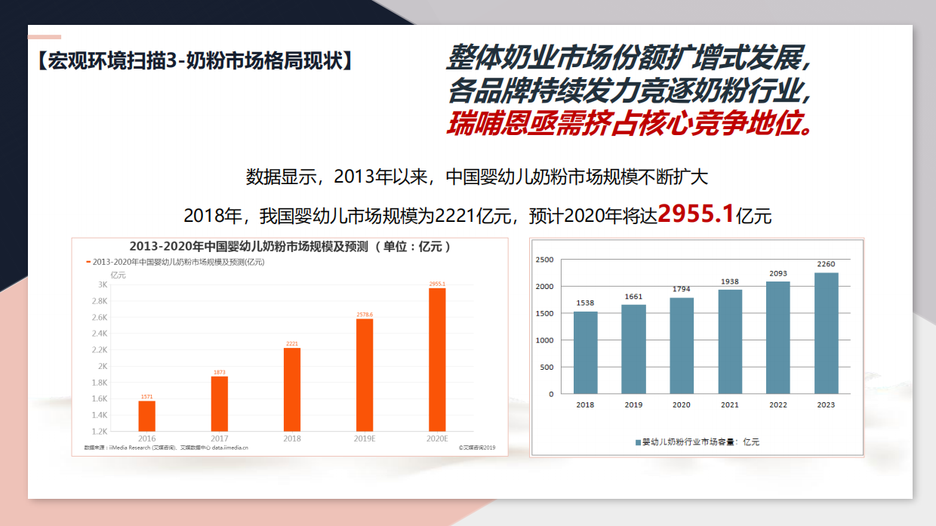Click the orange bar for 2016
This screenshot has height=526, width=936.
[x=146, y=416]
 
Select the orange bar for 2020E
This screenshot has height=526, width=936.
[x=437, y=359]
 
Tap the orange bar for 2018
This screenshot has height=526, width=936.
[x=292, y=389]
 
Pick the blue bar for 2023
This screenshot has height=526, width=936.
[x=826, y=333]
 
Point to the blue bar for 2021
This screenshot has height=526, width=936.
[x=730, y=341]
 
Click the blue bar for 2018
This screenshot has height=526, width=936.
[x=585, y=352]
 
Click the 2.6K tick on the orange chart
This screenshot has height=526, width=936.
[x=99, y=317]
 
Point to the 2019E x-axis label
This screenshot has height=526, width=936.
[x=365, y=438]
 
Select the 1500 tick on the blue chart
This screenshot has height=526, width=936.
[x=544, y=313]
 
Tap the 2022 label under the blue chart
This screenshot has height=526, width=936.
[x=777, y=405]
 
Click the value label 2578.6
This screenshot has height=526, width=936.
[x=365, y=314]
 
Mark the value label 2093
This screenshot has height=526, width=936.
[x=777, y=274]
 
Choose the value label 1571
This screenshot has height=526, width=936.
[x=146, y=396]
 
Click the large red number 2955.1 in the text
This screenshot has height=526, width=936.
[x=696, y=214]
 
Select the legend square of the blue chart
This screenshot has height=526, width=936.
[x=638, y=441]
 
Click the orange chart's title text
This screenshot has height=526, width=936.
[x=290, y=247]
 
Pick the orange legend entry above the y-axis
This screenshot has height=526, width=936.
[x=175, y=262]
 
